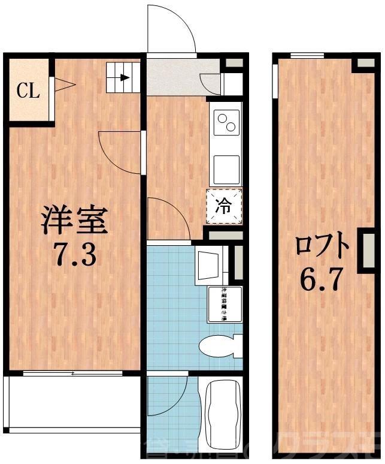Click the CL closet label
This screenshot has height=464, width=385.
(28, 91)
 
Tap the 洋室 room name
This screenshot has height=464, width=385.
(74, 220)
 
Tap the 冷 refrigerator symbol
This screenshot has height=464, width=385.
(224, 206)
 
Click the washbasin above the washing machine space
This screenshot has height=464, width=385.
(210, 263)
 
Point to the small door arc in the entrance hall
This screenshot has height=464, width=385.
(211, 82)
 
